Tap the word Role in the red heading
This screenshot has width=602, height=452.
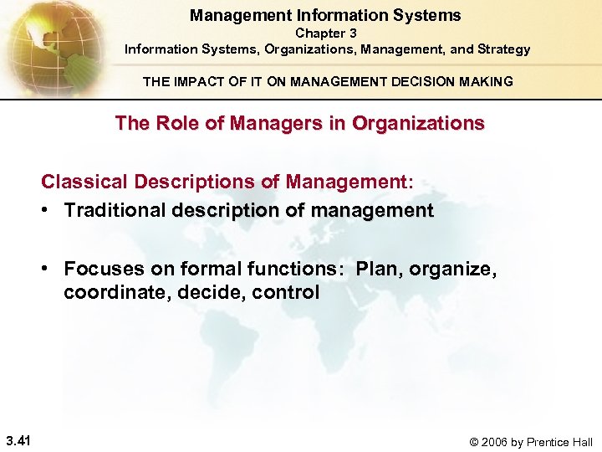(168, 123)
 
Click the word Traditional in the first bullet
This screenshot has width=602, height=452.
(115, 210)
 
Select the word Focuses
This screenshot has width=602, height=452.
(99, 269)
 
